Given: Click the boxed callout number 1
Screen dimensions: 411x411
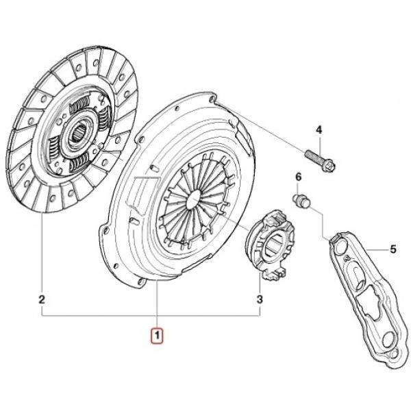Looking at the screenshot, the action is coord(157,335).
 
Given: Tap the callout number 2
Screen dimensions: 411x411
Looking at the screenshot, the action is coord(42,299).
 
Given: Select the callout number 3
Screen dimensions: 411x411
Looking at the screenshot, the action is coord(260,299).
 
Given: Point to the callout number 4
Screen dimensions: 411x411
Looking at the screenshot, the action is coord(319,129).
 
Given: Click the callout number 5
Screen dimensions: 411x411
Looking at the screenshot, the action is coord(393,249).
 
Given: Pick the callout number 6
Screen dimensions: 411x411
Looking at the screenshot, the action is coord(299,177).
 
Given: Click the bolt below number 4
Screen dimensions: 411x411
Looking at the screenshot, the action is coord(320,160).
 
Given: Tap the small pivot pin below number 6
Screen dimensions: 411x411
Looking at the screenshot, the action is coord(301,201).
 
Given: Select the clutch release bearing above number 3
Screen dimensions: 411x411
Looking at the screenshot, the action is coord(270,245).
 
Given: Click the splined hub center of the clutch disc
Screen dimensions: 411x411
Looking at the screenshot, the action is coord(79,134).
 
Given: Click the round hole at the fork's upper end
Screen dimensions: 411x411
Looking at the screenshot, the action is coord(340,247).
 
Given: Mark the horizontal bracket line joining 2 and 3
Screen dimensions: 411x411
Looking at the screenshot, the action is coord(151,316).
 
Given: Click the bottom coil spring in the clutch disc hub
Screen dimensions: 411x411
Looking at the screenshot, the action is coord(80,163).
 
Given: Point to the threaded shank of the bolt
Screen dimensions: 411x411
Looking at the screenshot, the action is coord(313,155).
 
